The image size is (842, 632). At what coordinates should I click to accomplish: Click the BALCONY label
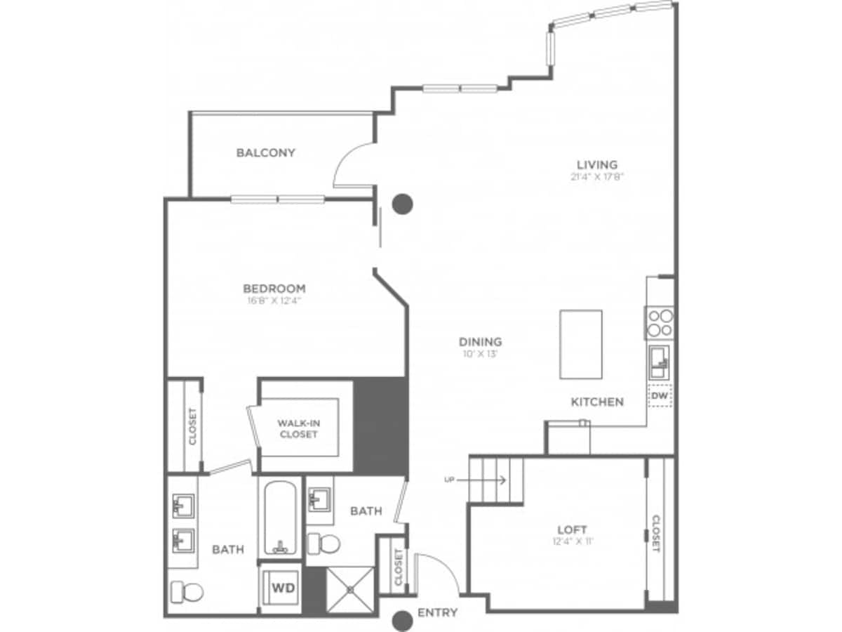pyautogui.click(x=265, y=152)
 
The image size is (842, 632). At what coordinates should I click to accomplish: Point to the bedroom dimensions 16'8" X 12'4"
pyautogui.click(x=274, y=301)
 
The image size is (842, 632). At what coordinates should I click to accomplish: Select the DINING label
pyautogui.click(x=481, y=342)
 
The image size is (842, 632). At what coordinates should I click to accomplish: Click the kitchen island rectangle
pyautogui.click(x=580, y=344)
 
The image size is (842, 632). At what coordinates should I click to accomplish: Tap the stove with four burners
pyautogui.click(x=660, y=322)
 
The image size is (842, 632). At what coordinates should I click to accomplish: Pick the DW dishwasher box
pyautogui.click(x=659, y=397)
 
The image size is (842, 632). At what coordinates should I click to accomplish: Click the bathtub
pyautogui.click(x=279, y=517)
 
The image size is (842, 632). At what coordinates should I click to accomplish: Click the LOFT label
pyautogui.click(x=572, y=529)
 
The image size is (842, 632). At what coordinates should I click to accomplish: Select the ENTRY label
pyautogui.click(x=437, y=612)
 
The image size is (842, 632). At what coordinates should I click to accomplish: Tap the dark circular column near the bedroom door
pyautogui.click(x=402, y=204)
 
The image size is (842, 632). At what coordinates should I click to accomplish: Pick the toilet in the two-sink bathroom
pyautogui.click(x=187, y=591)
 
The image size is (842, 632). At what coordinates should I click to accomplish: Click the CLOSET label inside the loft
pyautogui.click(x=656, y=534)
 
